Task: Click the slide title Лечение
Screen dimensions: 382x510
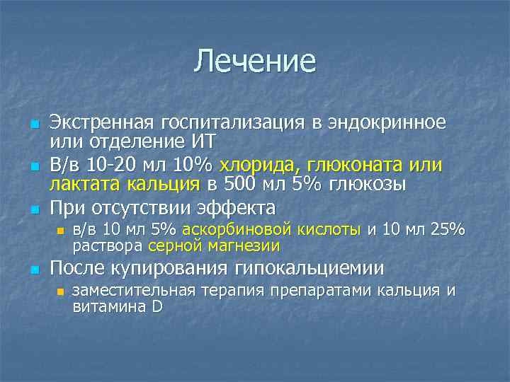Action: pyautogui.click(x=255, y=62)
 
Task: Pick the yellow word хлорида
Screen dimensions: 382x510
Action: pyautogui.click(x=259, y=166)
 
